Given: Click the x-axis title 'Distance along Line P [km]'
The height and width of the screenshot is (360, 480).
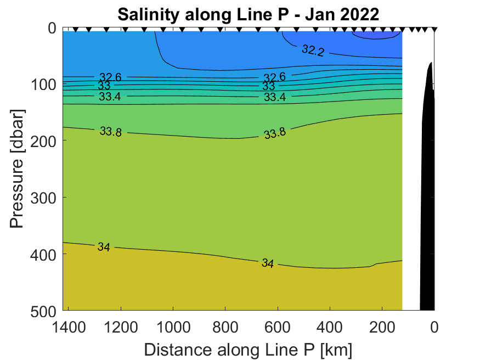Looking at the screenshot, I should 248,349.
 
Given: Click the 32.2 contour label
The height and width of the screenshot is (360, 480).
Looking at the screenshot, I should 313,50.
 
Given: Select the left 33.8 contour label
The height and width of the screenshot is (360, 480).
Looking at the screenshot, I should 111,131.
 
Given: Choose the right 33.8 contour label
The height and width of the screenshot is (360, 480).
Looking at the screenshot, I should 275,133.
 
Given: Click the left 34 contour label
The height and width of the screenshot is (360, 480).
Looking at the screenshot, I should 104,247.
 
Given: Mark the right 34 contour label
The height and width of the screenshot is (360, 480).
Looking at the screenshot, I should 268,263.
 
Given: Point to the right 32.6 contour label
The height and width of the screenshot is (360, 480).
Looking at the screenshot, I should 274,77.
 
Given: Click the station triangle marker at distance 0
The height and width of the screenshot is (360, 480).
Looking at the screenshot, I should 434,30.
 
